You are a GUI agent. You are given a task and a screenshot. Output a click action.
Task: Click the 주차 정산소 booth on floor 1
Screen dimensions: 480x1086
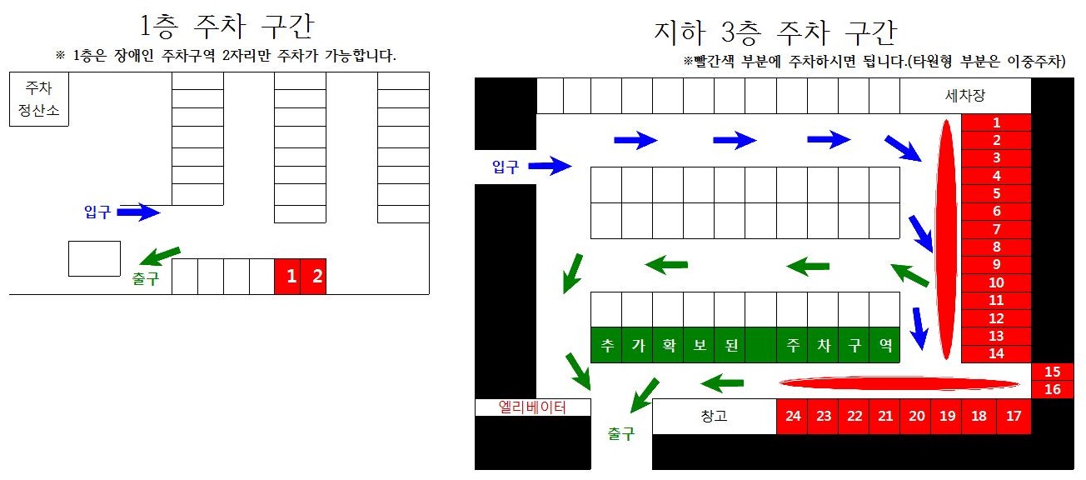38,99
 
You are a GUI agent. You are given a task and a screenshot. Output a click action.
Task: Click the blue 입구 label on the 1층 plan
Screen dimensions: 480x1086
97,212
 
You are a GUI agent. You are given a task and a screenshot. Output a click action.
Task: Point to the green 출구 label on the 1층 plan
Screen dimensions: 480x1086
145,280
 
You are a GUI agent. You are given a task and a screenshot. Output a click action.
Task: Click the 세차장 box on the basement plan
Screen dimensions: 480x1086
965,96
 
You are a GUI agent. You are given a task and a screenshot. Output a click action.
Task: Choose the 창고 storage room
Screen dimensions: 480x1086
714,417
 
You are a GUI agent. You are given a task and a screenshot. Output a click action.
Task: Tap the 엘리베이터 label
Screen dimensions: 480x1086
532,407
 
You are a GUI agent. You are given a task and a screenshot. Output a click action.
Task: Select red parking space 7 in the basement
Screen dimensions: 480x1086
996,229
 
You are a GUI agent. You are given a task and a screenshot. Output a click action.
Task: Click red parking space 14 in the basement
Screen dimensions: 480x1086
996,353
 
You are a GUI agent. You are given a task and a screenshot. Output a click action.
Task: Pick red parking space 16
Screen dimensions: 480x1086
1052,389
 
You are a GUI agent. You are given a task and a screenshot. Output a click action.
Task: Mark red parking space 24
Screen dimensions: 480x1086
792,417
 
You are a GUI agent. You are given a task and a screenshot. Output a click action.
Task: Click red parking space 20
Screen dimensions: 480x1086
915,417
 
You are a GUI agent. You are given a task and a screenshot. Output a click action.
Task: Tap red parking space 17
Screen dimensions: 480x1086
1013,417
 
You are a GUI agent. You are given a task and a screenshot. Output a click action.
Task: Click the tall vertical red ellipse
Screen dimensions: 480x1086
946,240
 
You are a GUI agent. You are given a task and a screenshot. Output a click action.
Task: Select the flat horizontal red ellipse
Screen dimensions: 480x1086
899,383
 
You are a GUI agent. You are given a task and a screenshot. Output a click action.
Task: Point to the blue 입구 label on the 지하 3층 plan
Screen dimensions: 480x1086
505,167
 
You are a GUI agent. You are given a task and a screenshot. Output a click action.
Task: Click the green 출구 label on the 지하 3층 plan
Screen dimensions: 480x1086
620,434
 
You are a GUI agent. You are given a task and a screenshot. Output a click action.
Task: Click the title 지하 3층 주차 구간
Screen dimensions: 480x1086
775,33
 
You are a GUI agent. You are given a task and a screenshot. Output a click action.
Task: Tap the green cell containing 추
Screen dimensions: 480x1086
606,345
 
